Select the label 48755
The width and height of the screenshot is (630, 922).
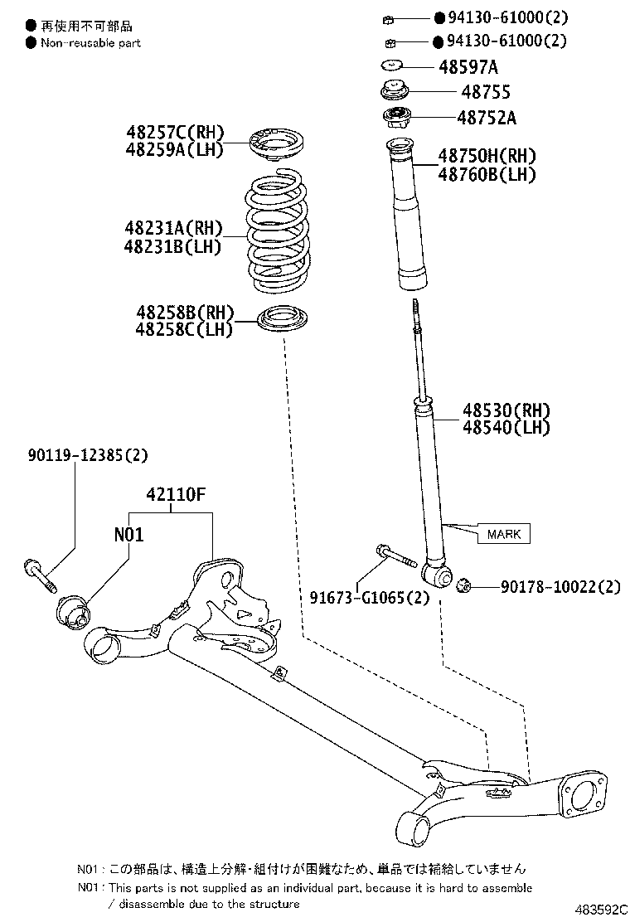[486, 92]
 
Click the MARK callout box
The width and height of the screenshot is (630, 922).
[503, 534]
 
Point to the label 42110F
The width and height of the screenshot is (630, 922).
[176, 495]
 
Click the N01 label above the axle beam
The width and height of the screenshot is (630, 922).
[128, 535]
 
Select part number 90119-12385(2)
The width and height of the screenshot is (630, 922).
[87, 454]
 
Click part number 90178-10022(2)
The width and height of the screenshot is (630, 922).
[560, 587]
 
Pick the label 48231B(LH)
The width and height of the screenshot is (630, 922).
[172, 246]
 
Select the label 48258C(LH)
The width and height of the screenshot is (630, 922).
[185, 329]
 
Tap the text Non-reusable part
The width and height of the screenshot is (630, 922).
[90, 42]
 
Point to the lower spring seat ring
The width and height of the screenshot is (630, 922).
[283, 320]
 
